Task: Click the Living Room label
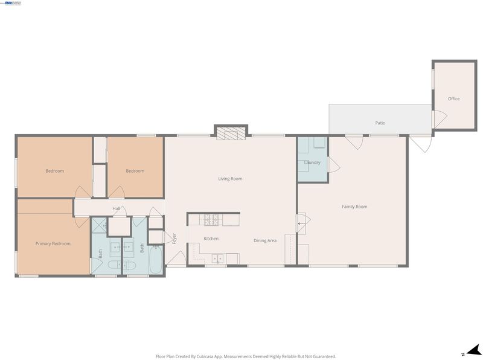[230, 179]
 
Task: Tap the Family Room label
[354, 207]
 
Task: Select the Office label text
[454, 98]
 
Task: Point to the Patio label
[380, 123]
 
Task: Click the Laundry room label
[312, 162]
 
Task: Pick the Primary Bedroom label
[53, 244]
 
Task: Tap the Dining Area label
[265, 241]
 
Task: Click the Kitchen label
[211, 239]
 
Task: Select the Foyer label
[174, 239]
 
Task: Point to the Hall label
[116, 208]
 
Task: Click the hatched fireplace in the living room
[231, 133]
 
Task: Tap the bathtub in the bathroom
[156, 260]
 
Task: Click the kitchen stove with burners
[211, 220]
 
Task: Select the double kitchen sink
[217, 259]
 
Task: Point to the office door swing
[441, 119]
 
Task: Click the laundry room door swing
[334, 165]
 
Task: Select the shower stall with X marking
[99, 225]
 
